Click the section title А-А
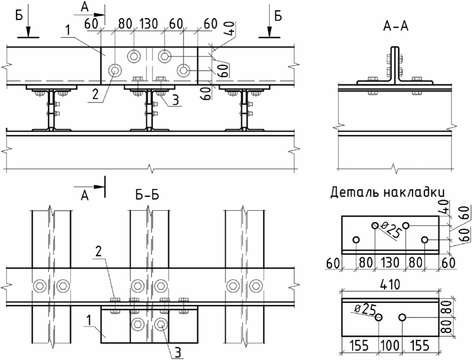point(396,26)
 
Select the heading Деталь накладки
point(388,192)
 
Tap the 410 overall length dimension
point(390,284)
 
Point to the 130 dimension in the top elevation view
point(148,24)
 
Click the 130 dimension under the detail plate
point(390,262)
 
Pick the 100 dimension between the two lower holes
point(390,345)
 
